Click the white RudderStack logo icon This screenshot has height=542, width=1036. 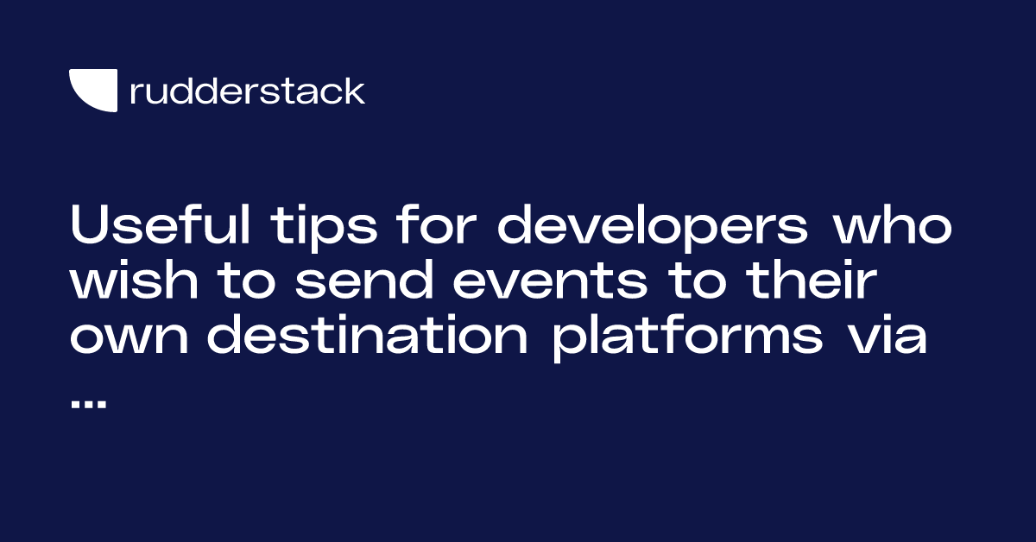(x=92, y=91)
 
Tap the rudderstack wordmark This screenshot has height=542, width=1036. (x=247, y=91)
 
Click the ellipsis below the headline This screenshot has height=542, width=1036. (x=88, y=403)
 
